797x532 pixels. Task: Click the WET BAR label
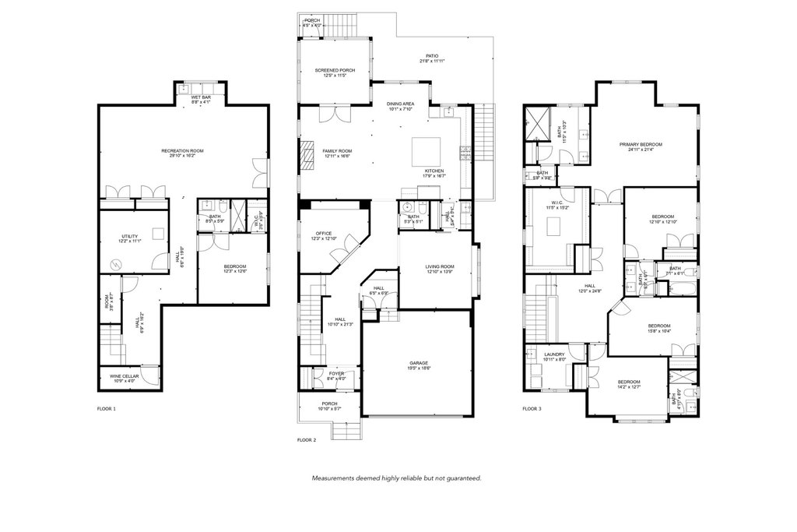point(202,97)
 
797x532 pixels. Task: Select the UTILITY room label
point(129,236)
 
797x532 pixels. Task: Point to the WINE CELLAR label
point(125,377)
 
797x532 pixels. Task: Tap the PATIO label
point(432,56)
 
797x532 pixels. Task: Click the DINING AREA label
point(401,104)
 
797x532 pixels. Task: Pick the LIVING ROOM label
point(440,266)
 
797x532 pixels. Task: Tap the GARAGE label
point(419,363)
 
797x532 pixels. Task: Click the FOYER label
point(336,374)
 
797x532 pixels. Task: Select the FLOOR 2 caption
point(307,440)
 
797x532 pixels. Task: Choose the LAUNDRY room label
point(554,354)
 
